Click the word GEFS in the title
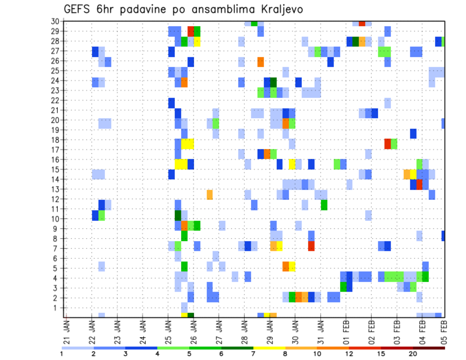78,9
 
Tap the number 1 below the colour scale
62,353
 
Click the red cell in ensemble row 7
311,246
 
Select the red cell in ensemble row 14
419,184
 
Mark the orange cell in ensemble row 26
261,62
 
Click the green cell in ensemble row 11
324,205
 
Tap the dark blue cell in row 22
171,103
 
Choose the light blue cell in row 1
184,308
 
